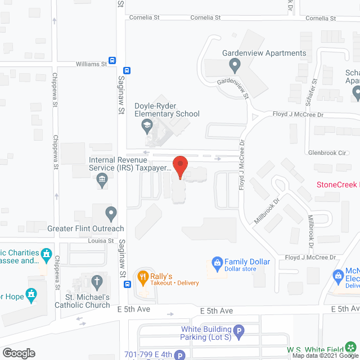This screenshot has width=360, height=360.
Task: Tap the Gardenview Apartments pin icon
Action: (x=235, y=66)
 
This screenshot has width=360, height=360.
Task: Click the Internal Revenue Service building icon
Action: (x=102, y=181)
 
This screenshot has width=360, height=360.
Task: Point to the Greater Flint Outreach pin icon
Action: (x=111, y=214)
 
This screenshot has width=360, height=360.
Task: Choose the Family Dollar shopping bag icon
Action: (x=217, y=262)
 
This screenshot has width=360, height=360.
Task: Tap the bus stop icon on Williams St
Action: (x=112, y=61)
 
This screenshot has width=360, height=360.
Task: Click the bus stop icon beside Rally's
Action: (x=128, y=284)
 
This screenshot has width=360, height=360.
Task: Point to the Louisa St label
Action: (x=101, y=241)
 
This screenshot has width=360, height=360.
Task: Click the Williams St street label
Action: (x=91, y=64)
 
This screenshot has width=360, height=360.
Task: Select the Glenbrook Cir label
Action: (x=327, y=152)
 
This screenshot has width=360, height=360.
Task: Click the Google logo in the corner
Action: (x=18, y=353)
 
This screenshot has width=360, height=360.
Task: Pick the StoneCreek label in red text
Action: (x=337, y=184)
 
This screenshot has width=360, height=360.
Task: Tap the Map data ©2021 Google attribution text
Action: (x=324, y=355)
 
